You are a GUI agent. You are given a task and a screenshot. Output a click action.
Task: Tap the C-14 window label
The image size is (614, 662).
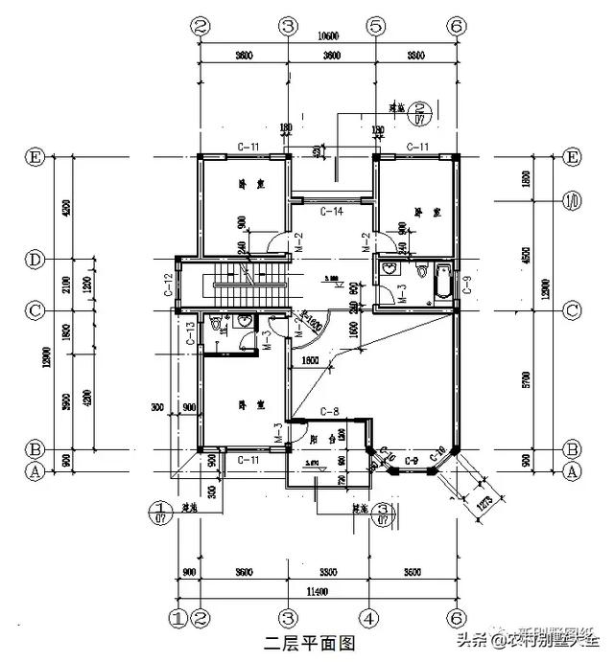332,211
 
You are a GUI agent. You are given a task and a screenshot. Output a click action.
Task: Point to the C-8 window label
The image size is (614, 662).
331,413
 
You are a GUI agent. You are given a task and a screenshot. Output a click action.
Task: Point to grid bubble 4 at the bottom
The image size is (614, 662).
367,617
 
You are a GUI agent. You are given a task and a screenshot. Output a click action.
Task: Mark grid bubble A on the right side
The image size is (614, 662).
573,470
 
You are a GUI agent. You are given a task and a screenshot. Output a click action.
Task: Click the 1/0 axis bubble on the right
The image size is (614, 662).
573,201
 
